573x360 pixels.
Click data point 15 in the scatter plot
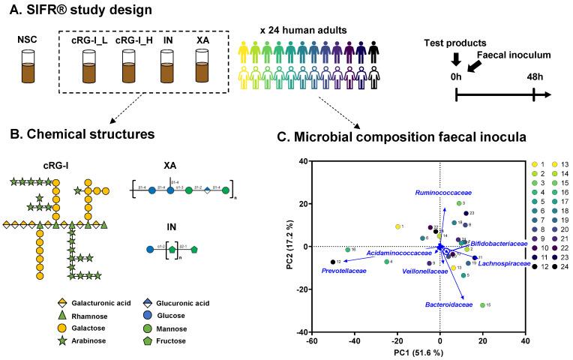(482, 304)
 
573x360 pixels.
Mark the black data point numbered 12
(333, 262)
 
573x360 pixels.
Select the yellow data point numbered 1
(398, 226)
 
